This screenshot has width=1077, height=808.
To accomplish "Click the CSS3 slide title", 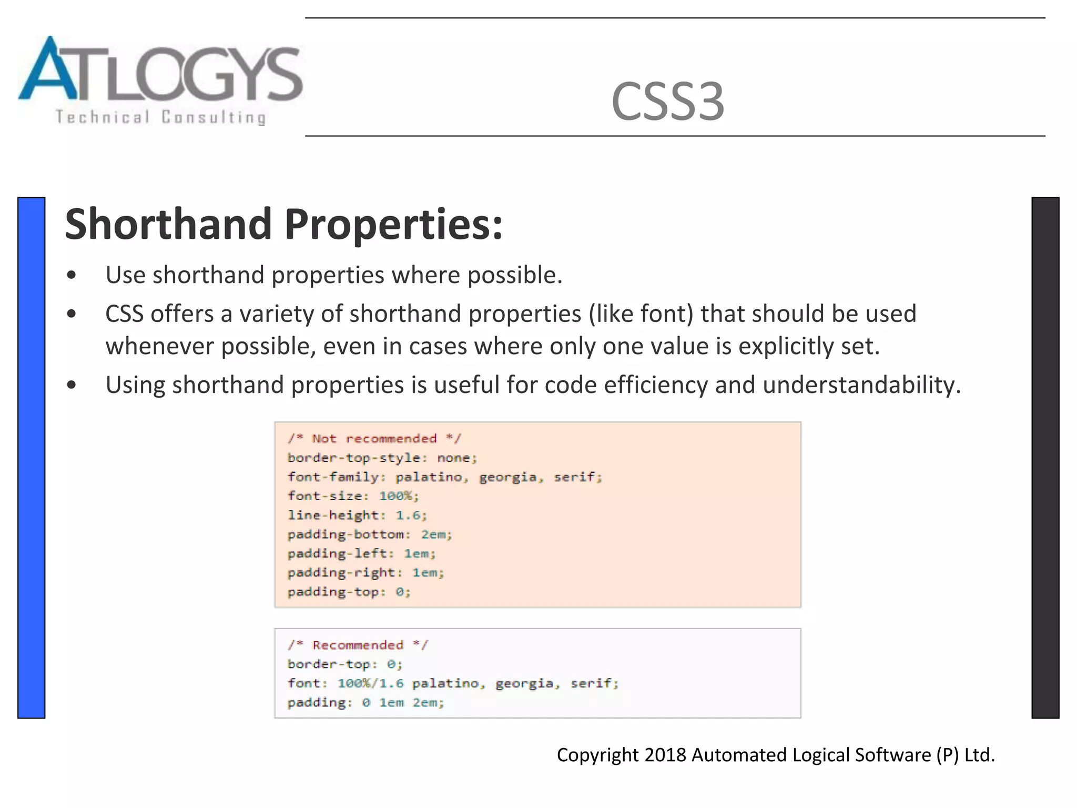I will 667,102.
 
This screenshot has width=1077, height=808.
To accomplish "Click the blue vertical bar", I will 31,457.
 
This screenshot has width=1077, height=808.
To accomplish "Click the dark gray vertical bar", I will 1045,457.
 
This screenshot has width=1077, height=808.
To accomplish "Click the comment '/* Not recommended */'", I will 374,439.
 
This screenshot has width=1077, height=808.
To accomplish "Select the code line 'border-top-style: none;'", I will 382,458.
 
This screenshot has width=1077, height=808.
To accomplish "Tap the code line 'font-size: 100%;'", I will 353,496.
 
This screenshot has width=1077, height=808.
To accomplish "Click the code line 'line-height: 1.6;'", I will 357,515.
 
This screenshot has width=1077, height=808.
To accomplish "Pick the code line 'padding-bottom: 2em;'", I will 370,534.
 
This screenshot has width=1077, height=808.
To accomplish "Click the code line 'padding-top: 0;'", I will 349,592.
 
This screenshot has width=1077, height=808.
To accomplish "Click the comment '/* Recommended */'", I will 358,645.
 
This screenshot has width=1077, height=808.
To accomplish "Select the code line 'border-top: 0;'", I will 344,664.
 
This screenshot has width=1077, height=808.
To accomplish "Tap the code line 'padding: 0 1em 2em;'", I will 365,703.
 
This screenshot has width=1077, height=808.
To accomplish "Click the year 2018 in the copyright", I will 665,755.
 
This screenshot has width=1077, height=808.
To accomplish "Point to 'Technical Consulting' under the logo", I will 160,117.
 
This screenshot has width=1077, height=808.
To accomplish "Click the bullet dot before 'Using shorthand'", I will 72,385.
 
